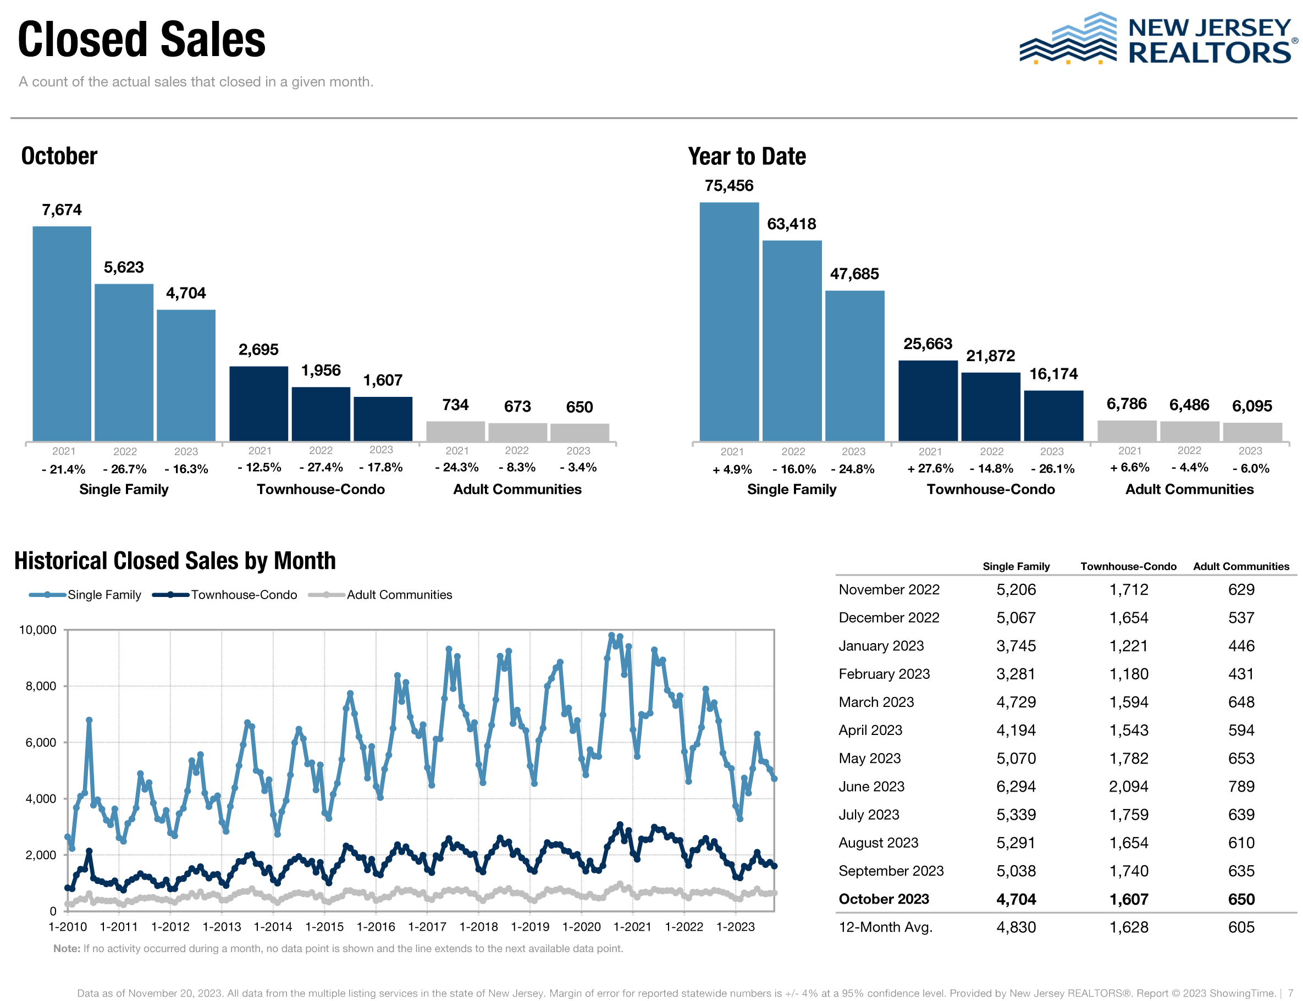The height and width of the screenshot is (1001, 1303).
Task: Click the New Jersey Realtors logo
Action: coord(1156,40)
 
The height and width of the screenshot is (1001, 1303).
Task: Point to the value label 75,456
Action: coord(728,186)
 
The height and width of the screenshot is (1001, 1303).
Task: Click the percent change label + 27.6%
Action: coord(930,468)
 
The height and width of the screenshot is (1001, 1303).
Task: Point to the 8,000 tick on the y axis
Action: coord(41,686)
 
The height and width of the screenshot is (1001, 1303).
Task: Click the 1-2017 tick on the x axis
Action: coord(427,927)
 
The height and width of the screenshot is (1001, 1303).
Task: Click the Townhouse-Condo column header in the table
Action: coord(1128,566)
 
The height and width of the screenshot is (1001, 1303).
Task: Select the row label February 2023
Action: coord(884,674)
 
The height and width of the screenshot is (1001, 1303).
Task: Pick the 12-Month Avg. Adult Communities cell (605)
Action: coord(1240,927)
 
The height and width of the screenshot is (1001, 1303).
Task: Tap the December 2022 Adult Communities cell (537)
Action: coord(1240,617)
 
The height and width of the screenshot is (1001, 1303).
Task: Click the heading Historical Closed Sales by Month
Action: coord(175,561)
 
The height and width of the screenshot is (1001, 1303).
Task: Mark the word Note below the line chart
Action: coord(66,948)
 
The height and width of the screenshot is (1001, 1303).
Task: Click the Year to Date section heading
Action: coord(747,156)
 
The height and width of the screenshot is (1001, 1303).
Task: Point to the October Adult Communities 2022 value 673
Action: coord(517,406)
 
